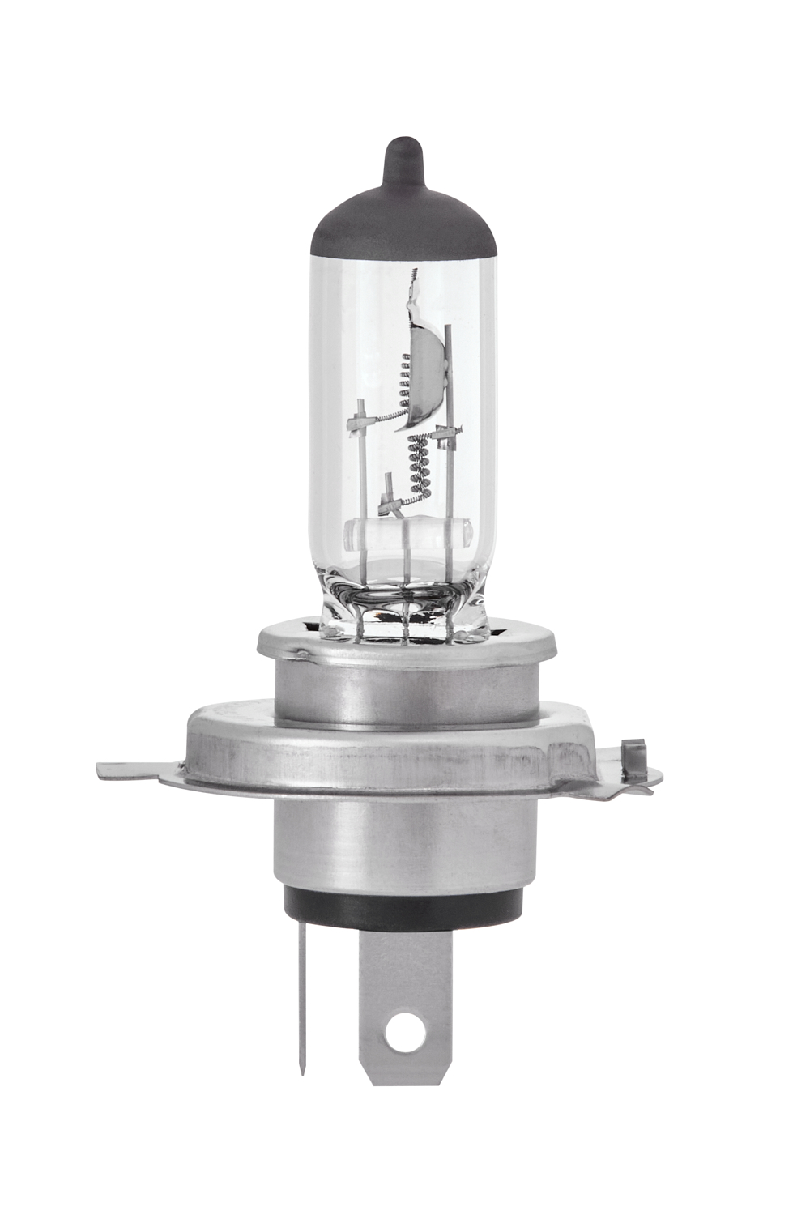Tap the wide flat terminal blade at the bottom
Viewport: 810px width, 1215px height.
[403, 988]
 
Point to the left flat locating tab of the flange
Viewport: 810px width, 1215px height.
[134, 770]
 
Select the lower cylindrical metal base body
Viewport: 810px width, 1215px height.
[403, 842]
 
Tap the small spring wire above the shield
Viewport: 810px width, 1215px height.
[413, 283]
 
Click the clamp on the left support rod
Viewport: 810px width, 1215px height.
[361, 420]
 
